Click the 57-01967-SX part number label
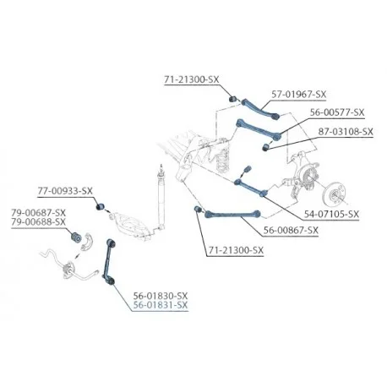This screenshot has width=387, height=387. (299, 95)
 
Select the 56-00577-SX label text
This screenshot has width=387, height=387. (337, 112)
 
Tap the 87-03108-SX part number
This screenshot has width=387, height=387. (346, 132)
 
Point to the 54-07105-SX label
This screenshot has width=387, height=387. (331, 215)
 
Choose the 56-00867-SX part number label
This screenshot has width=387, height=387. (291, 231)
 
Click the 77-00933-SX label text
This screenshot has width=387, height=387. (65, 191)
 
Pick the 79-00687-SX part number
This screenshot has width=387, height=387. (39, 212)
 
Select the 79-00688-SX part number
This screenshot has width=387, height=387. (39, 222)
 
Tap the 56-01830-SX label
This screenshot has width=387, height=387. (161, 296)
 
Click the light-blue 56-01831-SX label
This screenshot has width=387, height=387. (161, 305)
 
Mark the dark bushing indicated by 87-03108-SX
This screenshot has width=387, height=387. (265, 147)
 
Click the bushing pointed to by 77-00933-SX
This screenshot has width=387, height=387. (100, 206)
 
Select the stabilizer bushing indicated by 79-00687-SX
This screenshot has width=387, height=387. (75, 237)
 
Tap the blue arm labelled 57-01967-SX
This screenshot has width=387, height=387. (260, 108)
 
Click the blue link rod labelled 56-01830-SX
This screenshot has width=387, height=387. (109, 261)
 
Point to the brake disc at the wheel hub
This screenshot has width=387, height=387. (334, 194)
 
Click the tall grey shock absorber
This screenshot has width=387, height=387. (161, 196)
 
